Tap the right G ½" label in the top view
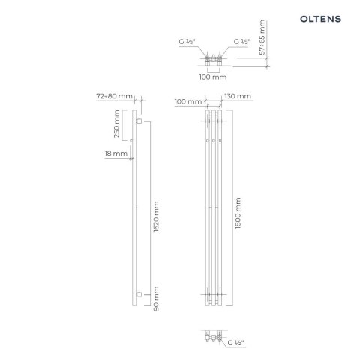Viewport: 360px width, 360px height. (244, 41)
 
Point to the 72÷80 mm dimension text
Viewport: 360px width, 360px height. (115, 97)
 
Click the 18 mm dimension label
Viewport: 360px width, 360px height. (117, 154)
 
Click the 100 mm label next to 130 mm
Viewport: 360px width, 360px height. (187, 100)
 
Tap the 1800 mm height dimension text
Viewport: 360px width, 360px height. (238, 212)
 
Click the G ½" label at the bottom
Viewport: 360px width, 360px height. (238, 343)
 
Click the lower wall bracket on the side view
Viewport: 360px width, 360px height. (139, 294)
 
